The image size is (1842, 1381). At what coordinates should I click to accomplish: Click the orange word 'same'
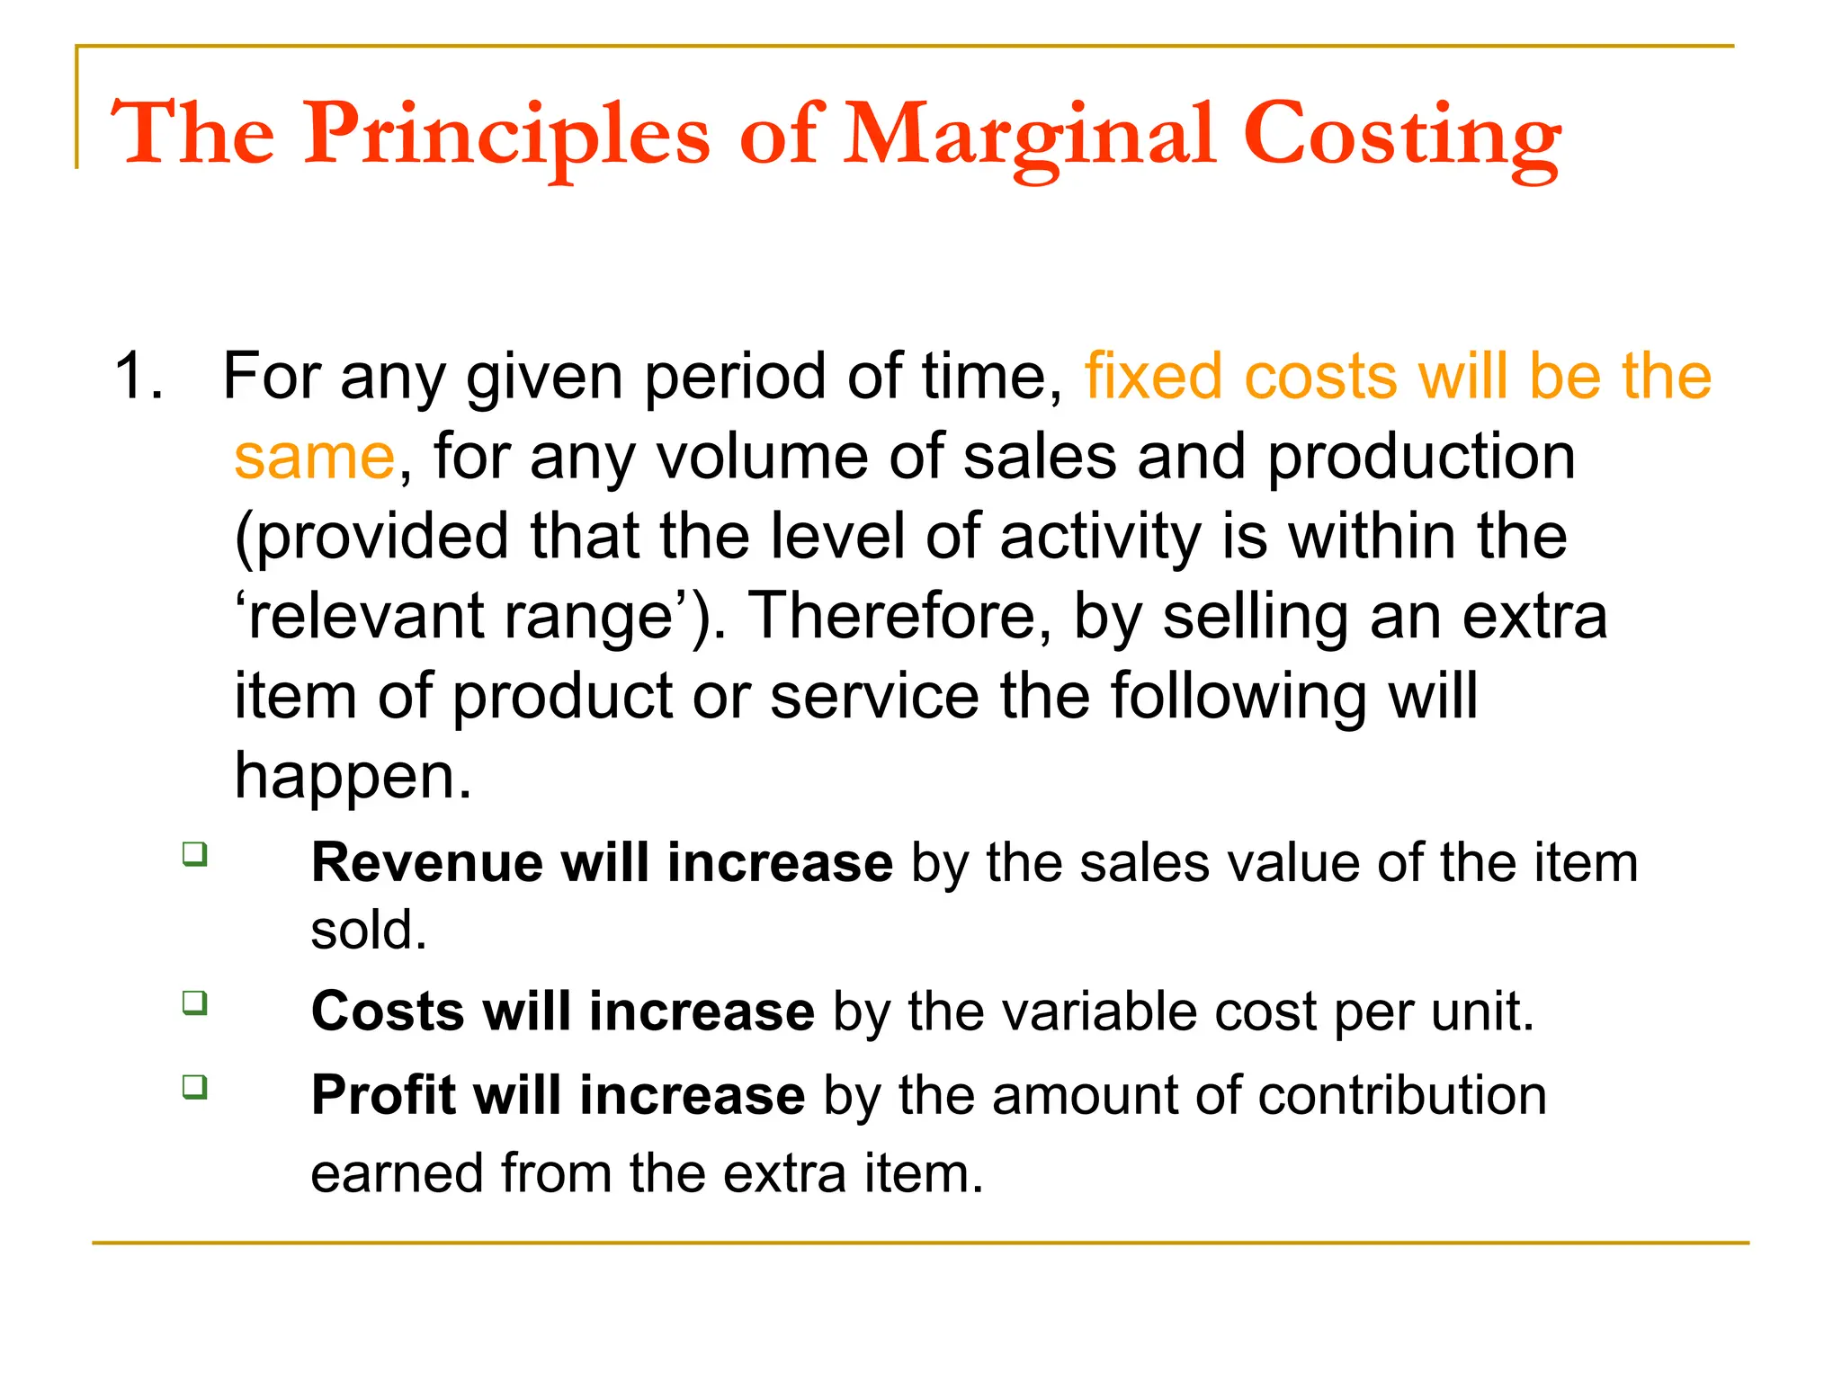(314, 457)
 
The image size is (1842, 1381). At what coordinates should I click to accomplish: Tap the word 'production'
(1420, 457)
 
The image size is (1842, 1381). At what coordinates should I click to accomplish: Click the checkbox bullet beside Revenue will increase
(194, 853)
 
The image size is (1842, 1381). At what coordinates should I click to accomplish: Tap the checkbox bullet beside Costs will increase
(194, 1002)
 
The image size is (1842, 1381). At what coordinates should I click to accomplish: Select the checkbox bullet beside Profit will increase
(194, 1086)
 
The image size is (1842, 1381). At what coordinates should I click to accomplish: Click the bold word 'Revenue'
(426, 863)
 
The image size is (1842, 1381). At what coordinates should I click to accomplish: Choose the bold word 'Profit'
(383, 1096)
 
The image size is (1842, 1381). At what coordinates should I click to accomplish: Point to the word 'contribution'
(1402, 1096)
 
